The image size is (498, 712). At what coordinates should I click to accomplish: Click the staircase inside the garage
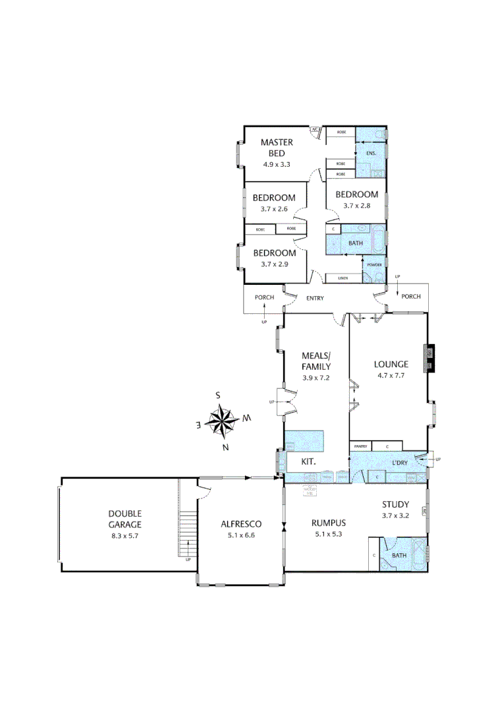point(188,535)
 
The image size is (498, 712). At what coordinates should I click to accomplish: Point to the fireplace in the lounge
point(429,358)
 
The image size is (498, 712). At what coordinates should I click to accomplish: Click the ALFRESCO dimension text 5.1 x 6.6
point(240,535)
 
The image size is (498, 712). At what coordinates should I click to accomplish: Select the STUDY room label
point(396,505)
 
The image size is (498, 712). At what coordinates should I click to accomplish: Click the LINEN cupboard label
point(343,278)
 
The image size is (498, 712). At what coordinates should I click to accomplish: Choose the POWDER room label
point(374,265)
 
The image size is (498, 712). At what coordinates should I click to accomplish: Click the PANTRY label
point(360,446)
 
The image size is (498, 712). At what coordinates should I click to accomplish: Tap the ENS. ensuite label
point(372,154)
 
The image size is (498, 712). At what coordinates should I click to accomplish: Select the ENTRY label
point(315,298)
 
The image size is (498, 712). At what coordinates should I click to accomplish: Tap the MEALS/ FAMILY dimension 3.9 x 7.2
point(316,378)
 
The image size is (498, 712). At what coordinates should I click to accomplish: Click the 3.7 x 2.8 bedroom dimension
point(356,206)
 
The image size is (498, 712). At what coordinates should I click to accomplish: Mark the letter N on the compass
point(225,448)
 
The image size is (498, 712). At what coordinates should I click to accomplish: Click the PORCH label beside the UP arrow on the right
point(411,297)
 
